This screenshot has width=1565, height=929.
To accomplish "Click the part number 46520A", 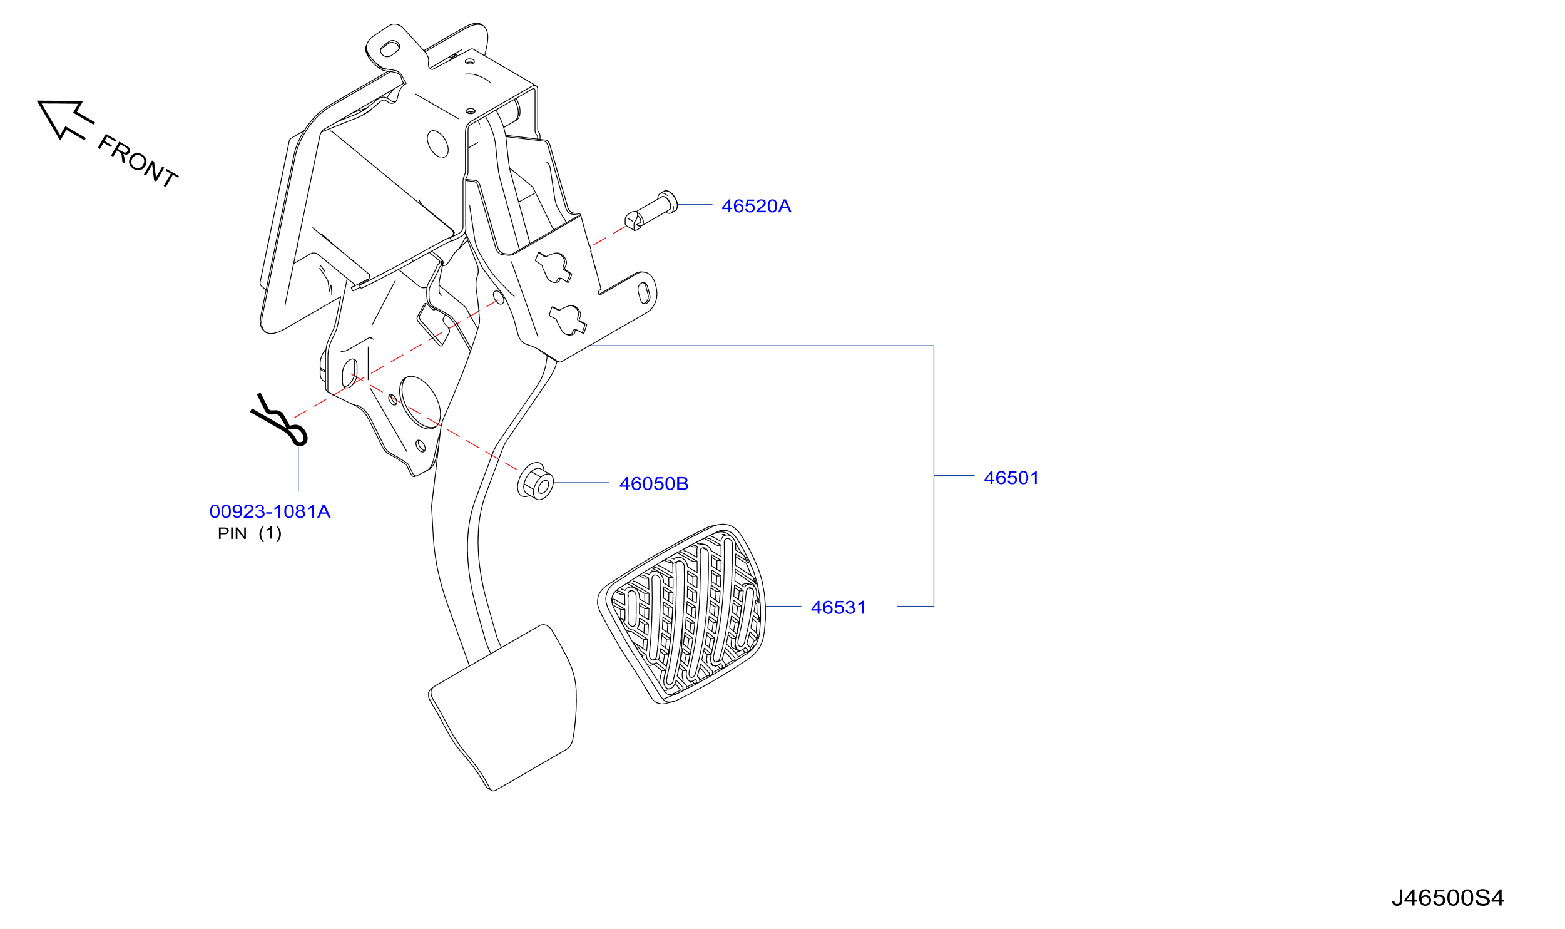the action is tap(756, 206).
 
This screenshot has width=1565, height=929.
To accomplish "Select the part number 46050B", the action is tap(654, 483).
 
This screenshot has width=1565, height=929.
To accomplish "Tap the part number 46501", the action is tap(1011, 478).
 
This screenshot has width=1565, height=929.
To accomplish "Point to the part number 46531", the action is tap(839, 607).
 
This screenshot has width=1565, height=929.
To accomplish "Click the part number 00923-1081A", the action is tap(270, 511).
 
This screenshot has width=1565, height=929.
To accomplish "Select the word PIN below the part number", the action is tap(232, 533).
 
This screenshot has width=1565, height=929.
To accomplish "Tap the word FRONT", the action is tap(138, 161).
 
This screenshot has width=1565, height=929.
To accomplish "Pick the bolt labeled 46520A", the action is tap(651, 210).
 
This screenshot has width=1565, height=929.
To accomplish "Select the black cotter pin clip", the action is tap(279, 419).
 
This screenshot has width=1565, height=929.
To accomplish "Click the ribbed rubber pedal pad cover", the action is tap(681, 613).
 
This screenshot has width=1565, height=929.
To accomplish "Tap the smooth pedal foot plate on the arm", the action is tap(502, 708).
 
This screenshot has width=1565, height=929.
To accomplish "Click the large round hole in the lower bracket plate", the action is tap(420, 403).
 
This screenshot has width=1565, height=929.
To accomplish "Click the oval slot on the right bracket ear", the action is tap(643, 292).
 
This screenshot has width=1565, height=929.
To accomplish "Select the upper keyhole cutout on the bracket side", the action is tap(554, 267).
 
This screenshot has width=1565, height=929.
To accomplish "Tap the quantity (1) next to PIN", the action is tap(270, 533).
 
